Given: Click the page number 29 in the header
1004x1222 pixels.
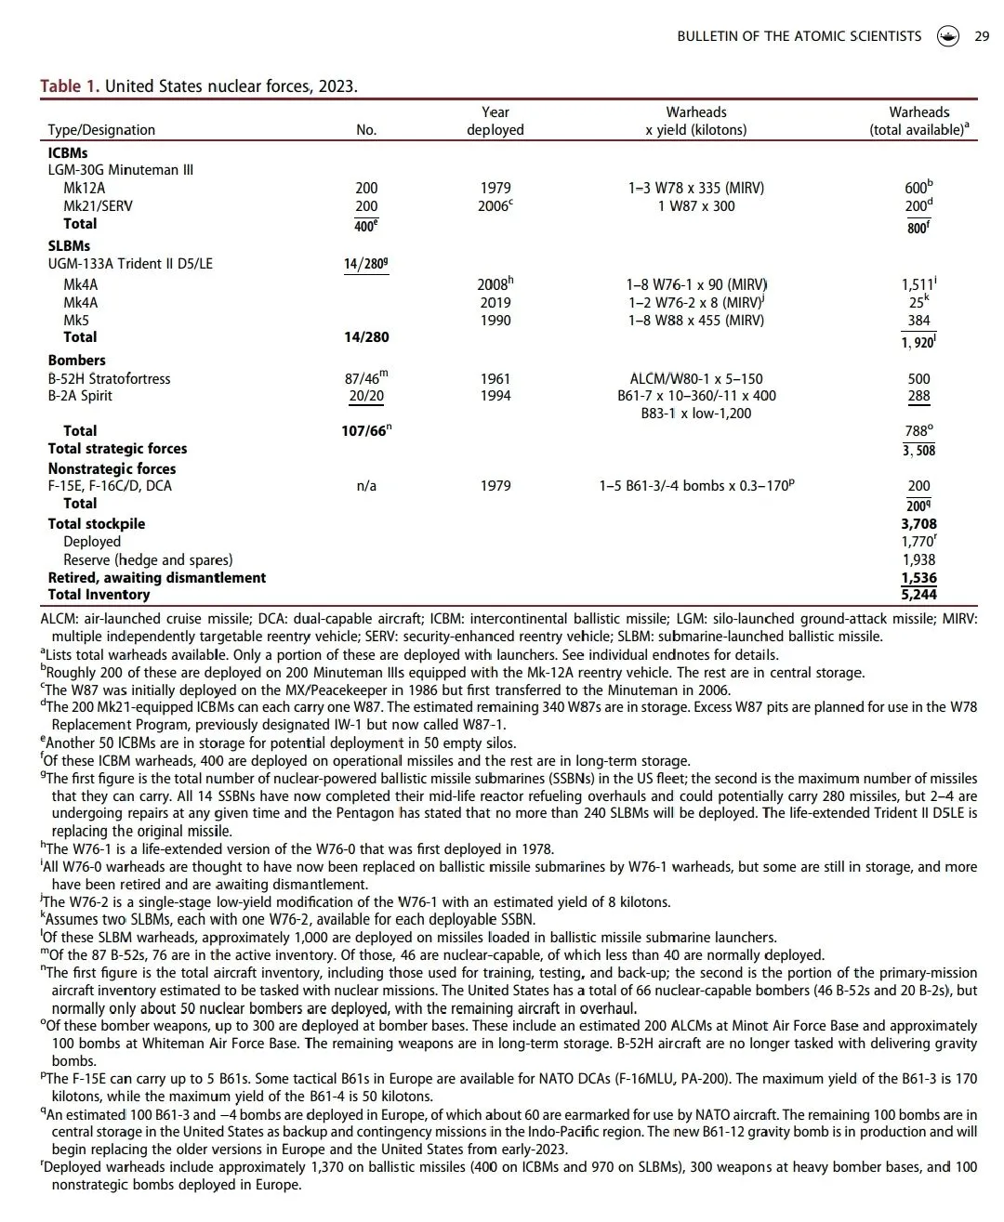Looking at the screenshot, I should point(982,36).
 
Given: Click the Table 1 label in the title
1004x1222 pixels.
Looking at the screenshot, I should point(69,86).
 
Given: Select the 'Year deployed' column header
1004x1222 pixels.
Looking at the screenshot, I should point(495,121).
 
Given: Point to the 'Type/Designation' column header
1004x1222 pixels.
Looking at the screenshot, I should point(101,130).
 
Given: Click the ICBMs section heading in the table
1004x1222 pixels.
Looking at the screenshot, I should point(68,152).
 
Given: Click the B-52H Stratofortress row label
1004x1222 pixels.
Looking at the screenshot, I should point(109,378).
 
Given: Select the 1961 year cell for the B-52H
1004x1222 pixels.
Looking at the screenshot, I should point(495,378).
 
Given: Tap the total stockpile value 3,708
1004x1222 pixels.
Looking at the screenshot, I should point(918,524).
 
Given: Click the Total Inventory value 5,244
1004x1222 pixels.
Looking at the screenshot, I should point(918,595).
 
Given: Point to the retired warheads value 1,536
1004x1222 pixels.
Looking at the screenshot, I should point(918,578).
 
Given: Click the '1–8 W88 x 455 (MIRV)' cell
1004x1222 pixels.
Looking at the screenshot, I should point(695,321).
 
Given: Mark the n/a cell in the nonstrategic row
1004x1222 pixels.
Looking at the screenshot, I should point(366,486).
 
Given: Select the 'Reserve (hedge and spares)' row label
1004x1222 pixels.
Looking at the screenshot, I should point(148,559).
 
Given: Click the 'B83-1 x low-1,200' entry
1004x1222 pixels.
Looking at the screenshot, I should point(695,414).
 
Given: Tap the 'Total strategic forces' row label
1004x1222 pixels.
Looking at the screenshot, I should point(117,449).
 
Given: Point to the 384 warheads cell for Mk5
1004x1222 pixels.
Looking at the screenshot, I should point(918,321).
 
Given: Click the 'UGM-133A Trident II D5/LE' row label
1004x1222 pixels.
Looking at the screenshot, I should point(130,264).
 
